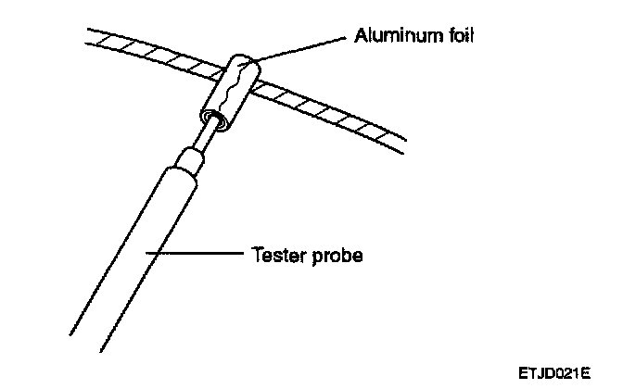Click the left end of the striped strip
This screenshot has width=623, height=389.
(93, 35)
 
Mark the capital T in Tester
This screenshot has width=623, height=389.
(258, 253)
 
